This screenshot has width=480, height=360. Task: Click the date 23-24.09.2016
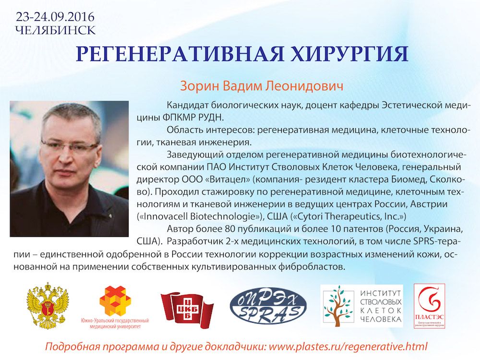coord(55,16)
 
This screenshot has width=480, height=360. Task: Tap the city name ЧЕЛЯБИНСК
coord(55,30)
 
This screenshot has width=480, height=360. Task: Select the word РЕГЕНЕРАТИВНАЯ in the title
coord(180,54)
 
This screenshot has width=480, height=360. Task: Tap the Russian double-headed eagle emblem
coord(48,305)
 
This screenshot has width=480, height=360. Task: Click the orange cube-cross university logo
coord(115,301)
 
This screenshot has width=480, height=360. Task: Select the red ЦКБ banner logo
coord(187,310)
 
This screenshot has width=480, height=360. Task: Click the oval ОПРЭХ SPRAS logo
coord(268,306)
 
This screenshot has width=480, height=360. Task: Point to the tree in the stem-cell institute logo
coord(338,306)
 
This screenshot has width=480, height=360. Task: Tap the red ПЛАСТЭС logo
coord(429,306)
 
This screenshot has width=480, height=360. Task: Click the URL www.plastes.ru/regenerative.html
coord(348,347)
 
